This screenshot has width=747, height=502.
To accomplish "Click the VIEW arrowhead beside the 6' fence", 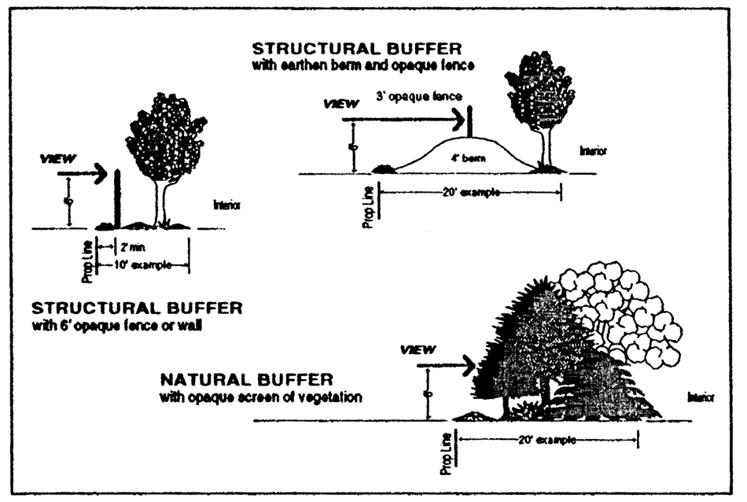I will [x=98, y=173].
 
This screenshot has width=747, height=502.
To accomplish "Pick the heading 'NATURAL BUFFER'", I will [x=233, y=380].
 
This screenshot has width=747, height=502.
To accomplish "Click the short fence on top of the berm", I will [x=469, y=122].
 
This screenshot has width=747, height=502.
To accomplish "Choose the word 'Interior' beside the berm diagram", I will [x=594, y=150].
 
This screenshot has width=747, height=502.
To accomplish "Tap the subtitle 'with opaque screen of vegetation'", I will [x=260, y=397].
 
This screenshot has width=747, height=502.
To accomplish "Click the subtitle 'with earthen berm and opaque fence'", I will [x=363, y=65].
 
